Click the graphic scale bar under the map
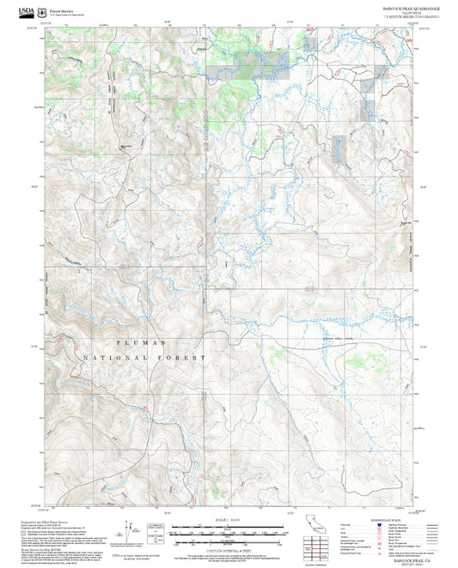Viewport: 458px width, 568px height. coord(228,532)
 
